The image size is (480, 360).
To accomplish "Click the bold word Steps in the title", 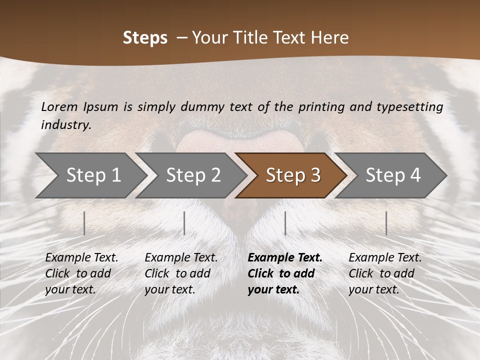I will tap(145, 38).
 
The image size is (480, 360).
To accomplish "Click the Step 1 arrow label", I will tap(93, 175).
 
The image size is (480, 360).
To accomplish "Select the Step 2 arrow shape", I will tap(193, 175).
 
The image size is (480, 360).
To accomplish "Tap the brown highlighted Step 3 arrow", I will tap(293, 175).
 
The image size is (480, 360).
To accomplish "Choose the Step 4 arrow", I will tap(393, 175).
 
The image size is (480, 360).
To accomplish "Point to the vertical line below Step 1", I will tap(84, 223).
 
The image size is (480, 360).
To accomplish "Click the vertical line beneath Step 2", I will tap(184, 223).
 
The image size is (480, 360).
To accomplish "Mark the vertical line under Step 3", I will tap(285, 223).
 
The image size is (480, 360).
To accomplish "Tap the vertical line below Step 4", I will tap(386, 223).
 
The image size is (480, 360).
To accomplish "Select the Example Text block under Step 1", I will tap(81, 273).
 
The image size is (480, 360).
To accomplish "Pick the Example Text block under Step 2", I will tap(181, 273).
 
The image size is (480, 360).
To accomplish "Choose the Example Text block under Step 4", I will tap(385, 273).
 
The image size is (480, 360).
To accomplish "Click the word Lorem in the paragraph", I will tap(59, 107).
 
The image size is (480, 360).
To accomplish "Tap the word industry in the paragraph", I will tap(65, 125).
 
